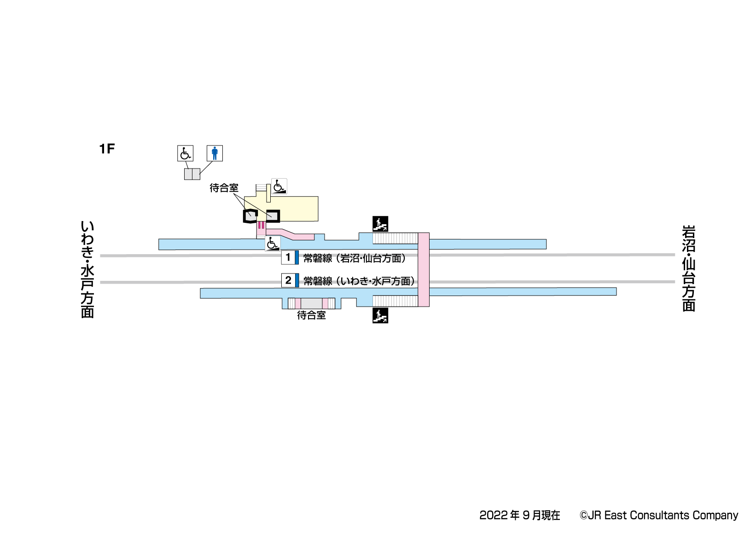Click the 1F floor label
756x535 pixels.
[107, 149]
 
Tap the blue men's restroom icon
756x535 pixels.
[215, 153]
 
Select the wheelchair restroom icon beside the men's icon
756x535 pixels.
[185, 153]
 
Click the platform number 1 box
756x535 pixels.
[288, 257]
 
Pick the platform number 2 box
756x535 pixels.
[288, 280]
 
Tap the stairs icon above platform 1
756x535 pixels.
[380, 224]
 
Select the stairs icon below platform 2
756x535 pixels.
[380, 315]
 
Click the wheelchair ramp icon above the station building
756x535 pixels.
[279, 186]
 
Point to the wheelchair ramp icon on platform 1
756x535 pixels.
[273, 244]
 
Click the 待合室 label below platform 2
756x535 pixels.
[311, 315]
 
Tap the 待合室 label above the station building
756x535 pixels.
[224, 188]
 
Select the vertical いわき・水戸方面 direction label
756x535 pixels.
[87, 269]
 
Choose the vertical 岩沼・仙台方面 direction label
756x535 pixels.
[689, 268]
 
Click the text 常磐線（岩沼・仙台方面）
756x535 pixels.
[355, 258]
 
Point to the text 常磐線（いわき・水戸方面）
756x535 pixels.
[360, 281]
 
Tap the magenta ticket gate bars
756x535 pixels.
[261, 225]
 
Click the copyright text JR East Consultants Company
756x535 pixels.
[659, 515]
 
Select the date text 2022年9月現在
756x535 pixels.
[520, 515]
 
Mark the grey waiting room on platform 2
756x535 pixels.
[311, 303]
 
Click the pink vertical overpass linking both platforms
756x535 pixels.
[424, 269]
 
